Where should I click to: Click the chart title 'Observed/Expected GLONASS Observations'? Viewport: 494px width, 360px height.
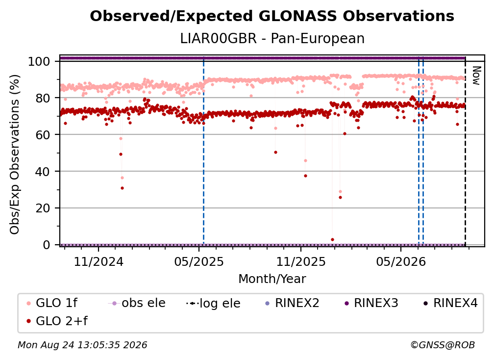pos(272,16)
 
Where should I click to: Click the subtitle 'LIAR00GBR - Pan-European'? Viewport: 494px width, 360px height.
pos(272,38)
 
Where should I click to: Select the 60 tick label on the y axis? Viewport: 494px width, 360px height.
pos(43,135)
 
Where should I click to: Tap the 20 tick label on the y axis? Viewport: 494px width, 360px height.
pos(43,208)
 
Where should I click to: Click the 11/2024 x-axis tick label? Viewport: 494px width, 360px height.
pos(99,261)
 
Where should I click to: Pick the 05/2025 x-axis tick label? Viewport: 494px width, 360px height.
pos(199,261)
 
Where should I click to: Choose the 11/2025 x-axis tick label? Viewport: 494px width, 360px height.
pos(301,261)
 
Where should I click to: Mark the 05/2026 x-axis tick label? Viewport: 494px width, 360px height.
pos(401,261)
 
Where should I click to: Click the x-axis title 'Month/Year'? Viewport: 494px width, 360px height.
pos(272,279)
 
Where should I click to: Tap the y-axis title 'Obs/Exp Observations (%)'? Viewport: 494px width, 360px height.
pos(15,154)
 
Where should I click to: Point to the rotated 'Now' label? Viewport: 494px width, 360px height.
pos(476,76)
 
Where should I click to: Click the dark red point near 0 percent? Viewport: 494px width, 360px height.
pos(332,239)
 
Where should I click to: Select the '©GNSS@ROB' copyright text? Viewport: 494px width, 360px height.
pos(443,345)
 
